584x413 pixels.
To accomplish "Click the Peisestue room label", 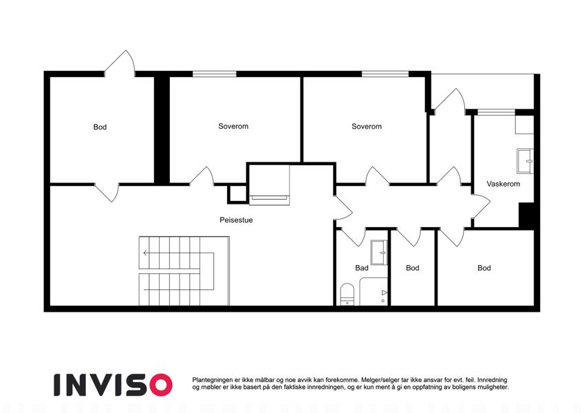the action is click(236, 220).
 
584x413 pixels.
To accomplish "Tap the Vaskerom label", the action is click(504, 184).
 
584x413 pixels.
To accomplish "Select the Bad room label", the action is click(362, 268).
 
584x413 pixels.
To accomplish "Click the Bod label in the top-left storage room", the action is click(100, 127).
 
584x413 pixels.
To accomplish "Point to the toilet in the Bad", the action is click(347, 295).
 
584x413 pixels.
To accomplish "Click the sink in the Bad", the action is click(379, 253).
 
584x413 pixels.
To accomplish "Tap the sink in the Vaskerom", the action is click(525, 161).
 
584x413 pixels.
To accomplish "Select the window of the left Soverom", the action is click(215, 74).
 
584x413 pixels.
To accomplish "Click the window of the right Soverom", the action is click(385, 74).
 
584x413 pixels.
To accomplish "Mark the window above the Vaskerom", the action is click(496, 112).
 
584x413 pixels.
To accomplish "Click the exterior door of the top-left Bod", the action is click(119, 64).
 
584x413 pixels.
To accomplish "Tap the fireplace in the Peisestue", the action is click(269, 185).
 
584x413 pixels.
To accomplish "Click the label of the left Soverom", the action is click(233, 127).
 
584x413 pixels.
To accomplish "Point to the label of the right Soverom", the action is click(367, 127).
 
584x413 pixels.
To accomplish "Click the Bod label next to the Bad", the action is click(412, 268).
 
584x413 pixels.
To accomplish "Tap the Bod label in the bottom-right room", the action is click(484, 268).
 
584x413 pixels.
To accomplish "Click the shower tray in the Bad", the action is click(374, 291).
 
